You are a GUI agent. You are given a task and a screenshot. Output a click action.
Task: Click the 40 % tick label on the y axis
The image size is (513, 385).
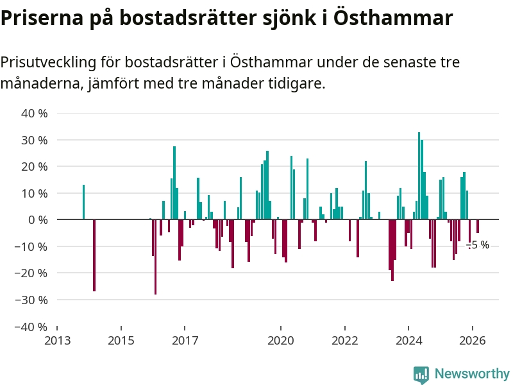[x=35, y=114]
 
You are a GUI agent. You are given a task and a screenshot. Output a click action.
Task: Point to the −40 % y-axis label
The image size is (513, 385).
[x=32, y=327]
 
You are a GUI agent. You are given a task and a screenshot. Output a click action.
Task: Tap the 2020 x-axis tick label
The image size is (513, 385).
[x=280, y=340]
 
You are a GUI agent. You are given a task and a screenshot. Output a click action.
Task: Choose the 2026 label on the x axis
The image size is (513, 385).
[x=472, y=340]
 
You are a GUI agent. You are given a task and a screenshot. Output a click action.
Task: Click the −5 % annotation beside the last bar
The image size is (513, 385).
[x=478, y=245]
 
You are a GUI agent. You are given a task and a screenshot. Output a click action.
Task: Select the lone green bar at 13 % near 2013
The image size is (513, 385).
[x=83, y=202]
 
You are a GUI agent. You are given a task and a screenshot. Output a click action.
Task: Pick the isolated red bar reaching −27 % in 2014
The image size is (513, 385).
[x=94, y=255]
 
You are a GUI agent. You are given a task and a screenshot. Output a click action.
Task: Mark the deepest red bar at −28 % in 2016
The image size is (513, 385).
[x=155, y=257]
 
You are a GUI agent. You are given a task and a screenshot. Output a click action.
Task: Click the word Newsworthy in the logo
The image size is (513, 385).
[x=472, y=373]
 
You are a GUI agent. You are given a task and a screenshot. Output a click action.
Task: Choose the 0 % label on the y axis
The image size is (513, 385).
[x=38, y=220]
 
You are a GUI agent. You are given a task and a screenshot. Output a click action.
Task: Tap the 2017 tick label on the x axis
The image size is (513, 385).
[x=184, y=340]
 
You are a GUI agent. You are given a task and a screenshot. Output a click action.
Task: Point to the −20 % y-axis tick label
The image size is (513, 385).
[x=32, y=273]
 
